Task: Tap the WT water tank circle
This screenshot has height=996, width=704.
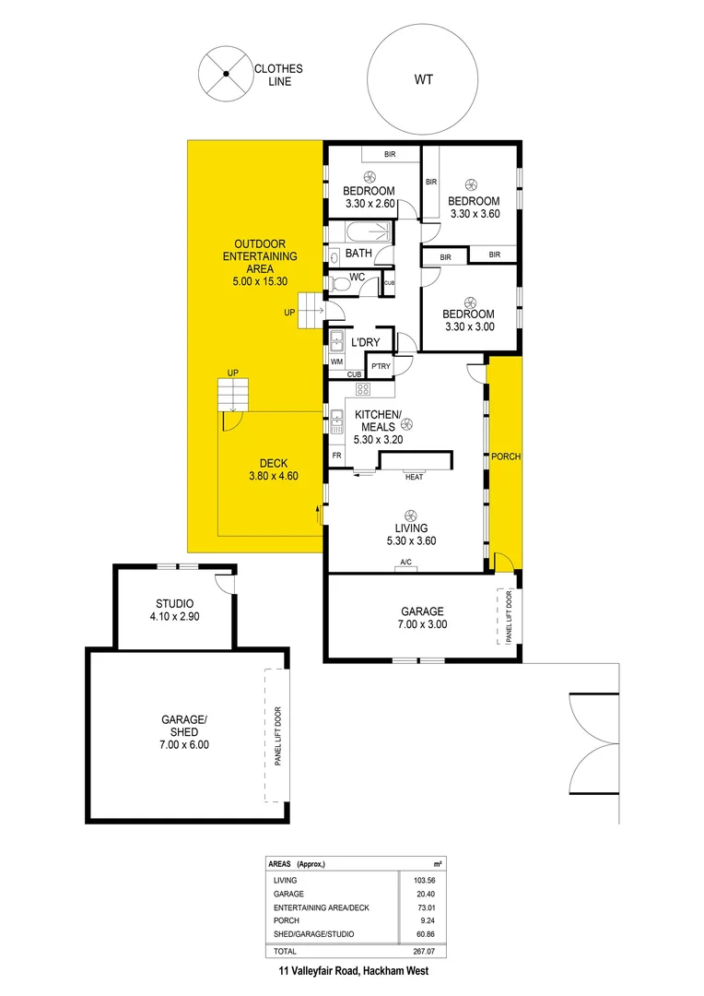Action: click(423, 80)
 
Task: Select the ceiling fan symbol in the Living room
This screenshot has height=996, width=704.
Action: click(407, 516)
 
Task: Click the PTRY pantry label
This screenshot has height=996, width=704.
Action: click(381, 366)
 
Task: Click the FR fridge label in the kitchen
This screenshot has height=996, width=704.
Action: click(336, 456)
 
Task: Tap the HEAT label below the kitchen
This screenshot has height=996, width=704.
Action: click(415, 477)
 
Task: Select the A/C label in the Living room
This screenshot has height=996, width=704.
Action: click(405, 563)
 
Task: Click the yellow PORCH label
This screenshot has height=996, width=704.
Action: click(505, 456)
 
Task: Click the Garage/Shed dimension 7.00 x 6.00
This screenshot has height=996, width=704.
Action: click(185, 744)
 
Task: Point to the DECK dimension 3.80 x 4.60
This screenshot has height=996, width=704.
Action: click(271, 476)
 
